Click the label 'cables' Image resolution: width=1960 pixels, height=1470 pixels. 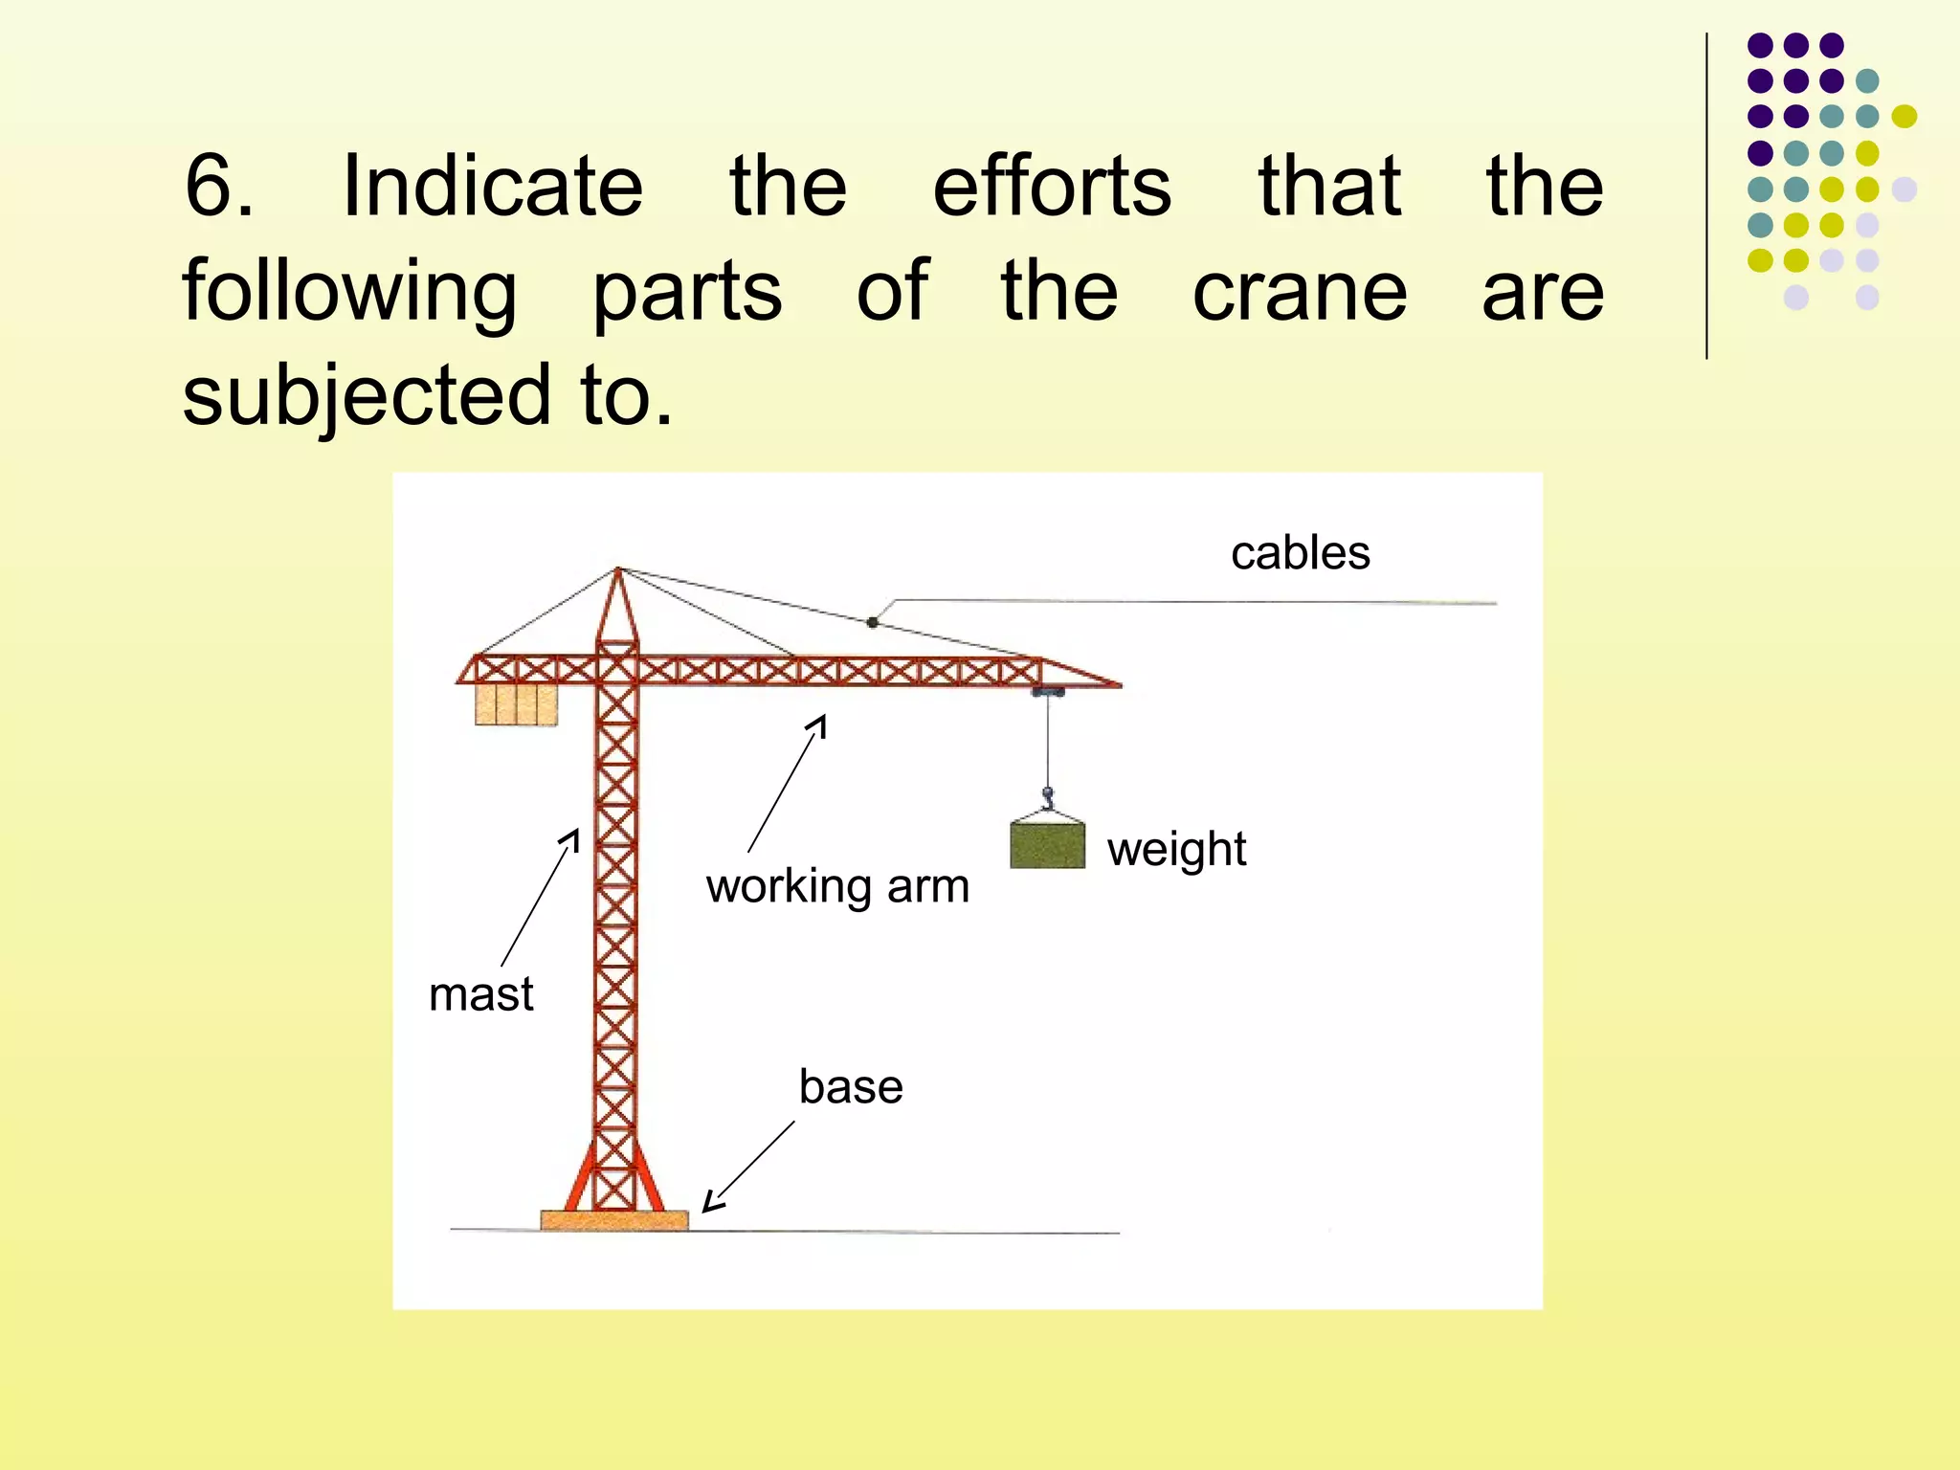pos(1300,553)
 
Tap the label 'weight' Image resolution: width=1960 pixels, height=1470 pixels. pos(1176,849)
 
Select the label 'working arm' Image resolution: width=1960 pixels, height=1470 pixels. pos(837,886)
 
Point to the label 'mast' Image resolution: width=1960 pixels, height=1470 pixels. pos(480,994)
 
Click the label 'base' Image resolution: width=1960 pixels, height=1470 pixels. pos(851,1087)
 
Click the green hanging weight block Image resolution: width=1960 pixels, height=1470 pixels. pos(1047,845)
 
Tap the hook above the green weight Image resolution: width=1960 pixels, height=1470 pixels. pos(1047,795)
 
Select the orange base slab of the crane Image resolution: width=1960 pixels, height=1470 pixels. pos(613,1220)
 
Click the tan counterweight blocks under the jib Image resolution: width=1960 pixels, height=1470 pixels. pos(516,703)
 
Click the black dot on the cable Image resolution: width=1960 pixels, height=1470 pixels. pos(872,622)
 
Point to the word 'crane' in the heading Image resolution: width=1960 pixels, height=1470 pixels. pos(1299,291)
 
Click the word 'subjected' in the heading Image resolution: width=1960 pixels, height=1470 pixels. pos(367,395)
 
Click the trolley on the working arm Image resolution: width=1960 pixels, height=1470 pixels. pos(1047,690)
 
